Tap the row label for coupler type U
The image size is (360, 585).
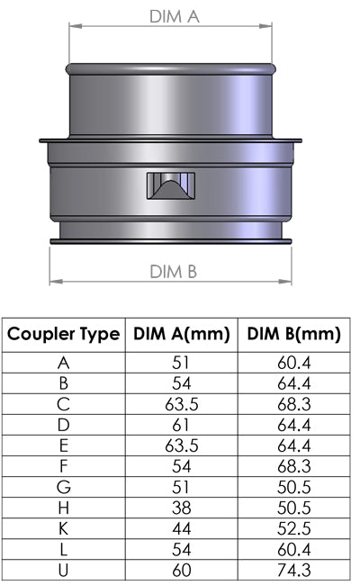[64, 568]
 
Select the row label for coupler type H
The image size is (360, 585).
[64, 506]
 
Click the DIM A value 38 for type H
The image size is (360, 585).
[181, 506]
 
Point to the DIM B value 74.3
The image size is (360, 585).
[292, 568]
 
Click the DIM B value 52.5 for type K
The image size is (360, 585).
[292, 526]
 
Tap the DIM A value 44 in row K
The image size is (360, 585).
[181, 526]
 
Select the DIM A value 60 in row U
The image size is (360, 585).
[181, 568]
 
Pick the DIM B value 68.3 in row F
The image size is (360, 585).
[292, 465]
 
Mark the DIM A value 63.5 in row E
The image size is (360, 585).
[181, 445]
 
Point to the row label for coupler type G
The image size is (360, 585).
[64, 486]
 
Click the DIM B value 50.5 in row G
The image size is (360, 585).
[292, 486]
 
